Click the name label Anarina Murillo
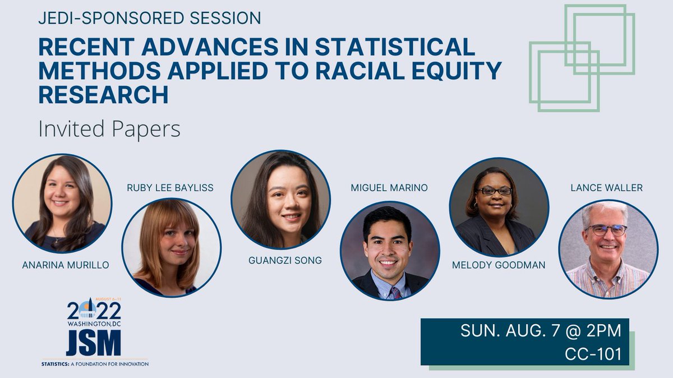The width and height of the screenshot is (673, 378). (x=66, y=265)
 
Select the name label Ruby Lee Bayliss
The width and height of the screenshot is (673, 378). (x=170, y=188)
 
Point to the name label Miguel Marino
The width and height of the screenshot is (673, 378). (x=389, y=188)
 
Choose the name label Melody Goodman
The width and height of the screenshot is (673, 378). (x=499, y=265)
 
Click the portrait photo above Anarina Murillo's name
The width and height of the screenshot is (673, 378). (x=62, y=203)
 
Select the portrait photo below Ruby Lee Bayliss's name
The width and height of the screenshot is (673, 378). (x=171, y=247)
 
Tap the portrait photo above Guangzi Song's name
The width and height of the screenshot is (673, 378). (x=280, y=200)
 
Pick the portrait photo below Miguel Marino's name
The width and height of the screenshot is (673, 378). (x=390, y=250)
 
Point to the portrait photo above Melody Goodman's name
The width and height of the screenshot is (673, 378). (x=499, y=208)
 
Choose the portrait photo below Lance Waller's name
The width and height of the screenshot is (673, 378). (x=608, y=249)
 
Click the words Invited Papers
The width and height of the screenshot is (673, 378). (x=109, y=129)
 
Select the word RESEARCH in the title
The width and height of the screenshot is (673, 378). (x=103, y=95)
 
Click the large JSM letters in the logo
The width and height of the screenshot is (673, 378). (x=93, y=342)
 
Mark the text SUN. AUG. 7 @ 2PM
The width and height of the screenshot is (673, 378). (x=541, y=330)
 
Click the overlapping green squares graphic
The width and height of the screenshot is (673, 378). (x=582, y=57)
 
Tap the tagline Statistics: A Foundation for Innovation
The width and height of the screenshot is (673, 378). (x=95, y=363)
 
